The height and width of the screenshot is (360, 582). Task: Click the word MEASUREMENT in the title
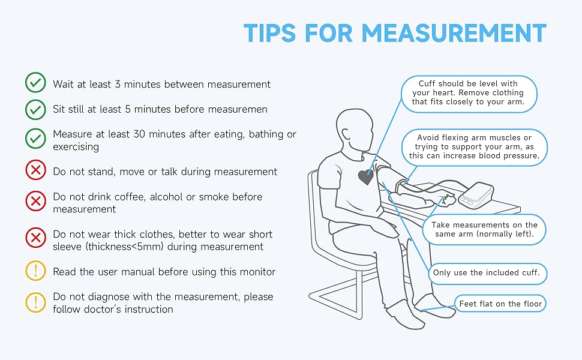tap(454, 33)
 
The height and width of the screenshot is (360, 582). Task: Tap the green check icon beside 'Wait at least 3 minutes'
tap(35, 82)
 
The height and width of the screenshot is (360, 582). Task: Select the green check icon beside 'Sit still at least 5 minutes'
tap(35, 109)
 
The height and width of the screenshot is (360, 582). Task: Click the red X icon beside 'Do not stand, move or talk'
tap(35, 170)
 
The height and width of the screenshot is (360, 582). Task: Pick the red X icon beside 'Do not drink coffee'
tap(35, 201)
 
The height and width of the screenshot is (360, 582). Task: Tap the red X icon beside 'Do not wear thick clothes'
tap(35, 238)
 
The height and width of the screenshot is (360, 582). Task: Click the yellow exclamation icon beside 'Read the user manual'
tap(35, 270)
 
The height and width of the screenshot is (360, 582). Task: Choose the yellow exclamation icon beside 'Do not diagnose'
tap(35, 302)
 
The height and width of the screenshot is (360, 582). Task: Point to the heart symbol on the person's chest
tap(366, 178)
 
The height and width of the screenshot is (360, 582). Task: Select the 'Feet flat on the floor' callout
tap(500, 304)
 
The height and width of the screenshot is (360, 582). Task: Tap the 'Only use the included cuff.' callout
tap(488, 274)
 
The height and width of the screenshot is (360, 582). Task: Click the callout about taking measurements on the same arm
tap(484, 229)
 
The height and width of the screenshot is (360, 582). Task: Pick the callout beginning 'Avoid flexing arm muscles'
tap(475, 147)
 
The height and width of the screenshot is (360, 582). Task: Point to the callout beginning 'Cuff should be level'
tap(469, 94)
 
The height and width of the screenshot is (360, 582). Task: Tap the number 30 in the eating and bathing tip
tap(139, 134)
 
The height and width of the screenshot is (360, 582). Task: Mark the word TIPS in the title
tap(269, 33)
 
